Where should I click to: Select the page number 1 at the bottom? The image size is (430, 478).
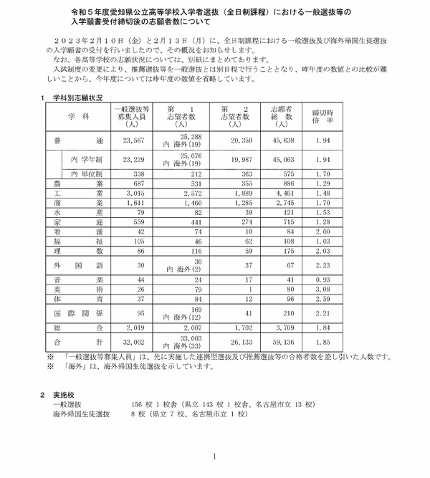tap(214, 456)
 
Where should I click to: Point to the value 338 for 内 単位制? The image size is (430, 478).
tap(135, 173)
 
